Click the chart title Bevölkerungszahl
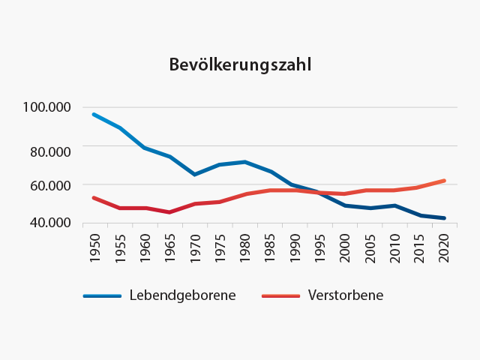[x=239, y=65]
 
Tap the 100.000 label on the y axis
[x=46, y=107]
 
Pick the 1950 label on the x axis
[x=94, y=246]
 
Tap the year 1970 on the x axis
[x=195, y=246]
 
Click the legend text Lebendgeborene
[x=182, y=295]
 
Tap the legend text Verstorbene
[x=345, y=295]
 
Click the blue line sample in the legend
[x=102, y=296]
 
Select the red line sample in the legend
[x=280, y=296]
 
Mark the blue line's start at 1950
[x=94, y=114]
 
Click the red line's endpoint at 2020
[x=445, y=181]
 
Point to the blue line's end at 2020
[x=445, y=218]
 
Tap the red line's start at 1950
[x=94, y=198]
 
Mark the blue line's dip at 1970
[x=195, y=174]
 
